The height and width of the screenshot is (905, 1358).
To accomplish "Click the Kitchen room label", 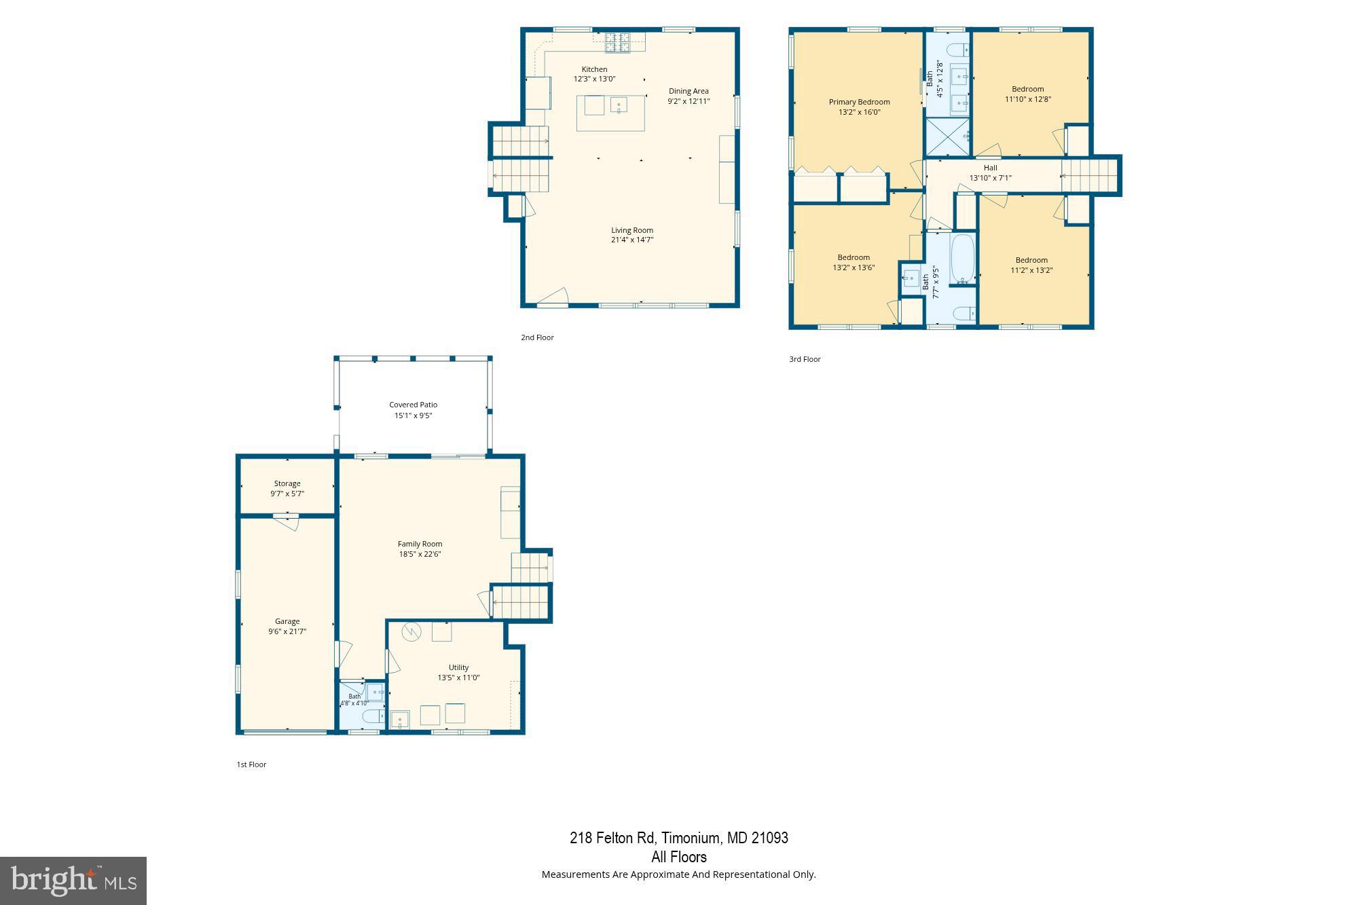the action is (594, 69).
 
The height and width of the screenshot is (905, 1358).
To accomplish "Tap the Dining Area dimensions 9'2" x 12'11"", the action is (689, 101).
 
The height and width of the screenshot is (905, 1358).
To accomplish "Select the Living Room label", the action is (632, 230).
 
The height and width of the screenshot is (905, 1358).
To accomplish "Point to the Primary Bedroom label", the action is (859, 102).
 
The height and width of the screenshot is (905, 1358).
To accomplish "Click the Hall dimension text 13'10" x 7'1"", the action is (990, 178).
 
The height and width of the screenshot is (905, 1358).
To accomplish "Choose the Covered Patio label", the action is (413, 405).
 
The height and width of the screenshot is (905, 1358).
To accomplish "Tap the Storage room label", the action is (287, 483).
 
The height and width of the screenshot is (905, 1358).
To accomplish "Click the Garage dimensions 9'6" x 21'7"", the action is (287, 631).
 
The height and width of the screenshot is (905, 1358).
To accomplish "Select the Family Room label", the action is (420, 544).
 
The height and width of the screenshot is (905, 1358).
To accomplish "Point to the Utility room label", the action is (458, 667).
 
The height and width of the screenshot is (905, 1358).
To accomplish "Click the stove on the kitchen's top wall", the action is (617, 42).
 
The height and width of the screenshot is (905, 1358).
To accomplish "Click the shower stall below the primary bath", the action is (949, 137).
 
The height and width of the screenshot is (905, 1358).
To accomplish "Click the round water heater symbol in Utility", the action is (411, 632).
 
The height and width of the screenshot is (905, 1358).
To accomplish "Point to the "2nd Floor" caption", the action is (537, 337).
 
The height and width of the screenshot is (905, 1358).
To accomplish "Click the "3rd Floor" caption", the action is (805, 359).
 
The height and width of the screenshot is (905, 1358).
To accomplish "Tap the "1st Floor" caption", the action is (251, 764).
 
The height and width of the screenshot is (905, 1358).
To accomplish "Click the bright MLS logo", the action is (73, 881).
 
